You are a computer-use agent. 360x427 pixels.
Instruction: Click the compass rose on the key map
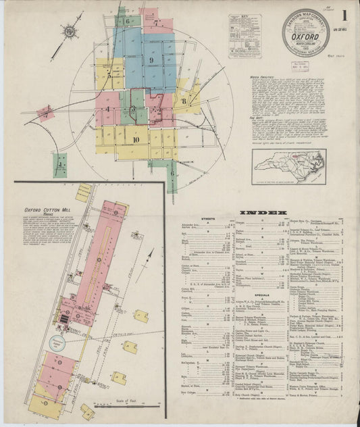point(70,30)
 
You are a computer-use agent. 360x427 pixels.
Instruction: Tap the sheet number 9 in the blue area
point(152,61)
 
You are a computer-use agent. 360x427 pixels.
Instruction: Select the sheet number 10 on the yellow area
point(136,140)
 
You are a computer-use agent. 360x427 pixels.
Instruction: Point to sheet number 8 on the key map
point(183,101)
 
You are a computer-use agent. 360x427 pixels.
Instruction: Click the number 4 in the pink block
point(107,109)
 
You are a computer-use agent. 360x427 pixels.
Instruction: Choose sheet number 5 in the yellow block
point(109,75)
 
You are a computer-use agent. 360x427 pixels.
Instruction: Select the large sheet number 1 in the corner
point(344,16)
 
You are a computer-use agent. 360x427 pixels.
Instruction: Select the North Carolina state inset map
point(288,166)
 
